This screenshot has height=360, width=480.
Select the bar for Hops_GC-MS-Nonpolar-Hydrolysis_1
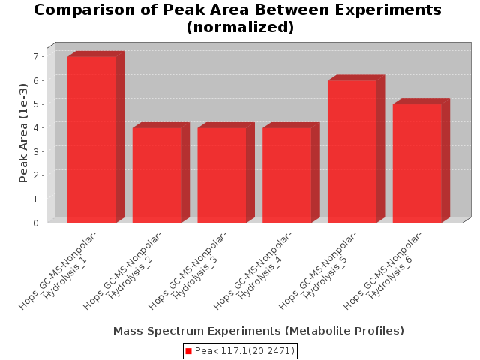tap(91, 139)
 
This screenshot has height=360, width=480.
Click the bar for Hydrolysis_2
tap(157, 175)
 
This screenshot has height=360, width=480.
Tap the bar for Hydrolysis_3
tap(222, 175)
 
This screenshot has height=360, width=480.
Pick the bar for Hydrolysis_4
tap(287, 175)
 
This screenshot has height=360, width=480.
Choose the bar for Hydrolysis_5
tap(352, 151)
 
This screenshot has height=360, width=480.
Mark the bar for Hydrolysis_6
tap(417, 163)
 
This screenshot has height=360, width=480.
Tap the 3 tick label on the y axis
tap(36, 151)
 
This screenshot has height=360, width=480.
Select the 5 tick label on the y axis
tap(36, 104)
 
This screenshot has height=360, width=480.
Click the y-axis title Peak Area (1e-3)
tap(23, 133)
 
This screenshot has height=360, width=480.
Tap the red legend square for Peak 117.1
tap(188, 351)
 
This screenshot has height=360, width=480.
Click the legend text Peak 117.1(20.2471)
tap(244, 351)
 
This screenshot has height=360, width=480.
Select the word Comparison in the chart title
tap(85, 10)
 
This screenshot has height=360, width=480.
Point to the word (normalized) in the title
tap(240, 27)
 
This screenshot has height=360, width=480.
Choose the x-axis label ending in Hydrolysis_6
tap(382, 270)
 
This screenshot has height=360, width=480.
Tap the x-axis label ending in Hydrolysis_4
tap(253, 270)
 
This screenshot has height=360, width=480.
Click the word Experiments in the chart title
tap(388, 10)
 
